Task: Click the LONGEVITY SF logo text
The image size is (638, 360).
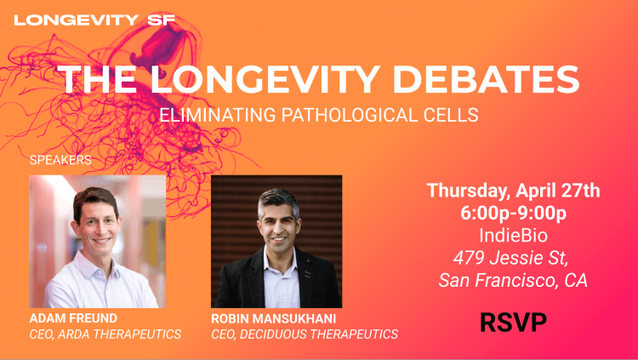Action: coord(94,20)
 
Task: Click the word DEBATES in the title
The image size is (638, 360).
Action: coord(486,79)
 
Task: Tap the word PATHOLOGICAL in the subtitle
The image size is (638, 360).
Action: coord(350,115)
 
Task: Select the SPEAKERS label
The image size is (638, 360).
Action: coord(60,160)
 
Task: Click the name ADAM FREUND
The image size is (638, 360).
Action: coord(73,318)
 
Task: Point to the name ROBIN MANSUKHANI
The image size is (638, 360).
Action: coord(273,318)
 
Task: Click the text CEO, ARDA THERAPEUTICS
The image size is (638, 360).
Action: coord(105,334)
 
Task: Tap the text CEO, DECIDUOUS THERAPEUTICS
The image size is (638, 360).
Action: coord(305,334)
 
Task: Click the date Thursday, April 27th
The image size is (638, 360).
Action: coord(513,191)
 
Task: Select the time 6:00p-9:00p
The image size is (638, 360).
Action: coord(513,213)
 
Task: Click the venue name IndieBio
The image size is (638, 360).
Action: coord(513,236)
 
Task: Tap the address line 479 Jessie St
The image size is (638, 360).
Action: coord(511,258)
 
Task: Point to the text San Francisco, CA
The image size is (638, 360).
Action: coord(513,280)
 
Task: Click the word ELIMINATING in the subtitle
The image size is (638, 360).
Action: coord(217,115)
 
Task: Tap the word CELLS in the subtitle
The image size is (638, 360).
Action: coord(451,115)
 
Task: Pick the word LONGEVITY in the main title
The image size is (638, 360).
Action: coord(265,79)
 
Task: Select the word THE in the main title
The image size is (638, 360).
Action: coord(97,79)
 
